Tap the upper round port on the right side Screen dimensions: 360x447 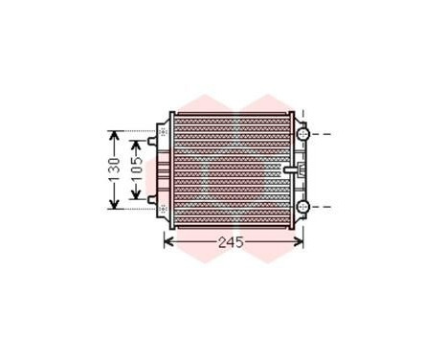click(302, 131)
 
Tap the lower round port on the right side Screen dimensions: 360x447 click(302, 207)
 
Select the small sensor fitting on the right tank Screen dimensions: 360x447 click(292, 170)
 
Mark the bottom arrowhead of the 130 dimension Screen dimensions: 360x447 click(113, 204)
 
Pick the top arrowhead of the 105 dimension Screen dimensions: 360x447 click(136, 146)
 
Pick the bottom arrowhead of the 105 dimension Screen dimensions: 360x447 click(136, 196)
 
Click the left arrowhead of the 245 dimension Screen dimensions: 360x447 click(169, 241)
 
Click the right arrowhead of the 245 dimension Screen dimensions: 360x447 click(300, 241)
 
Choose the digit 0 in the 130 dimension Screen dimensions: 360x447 click(113, 158)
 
